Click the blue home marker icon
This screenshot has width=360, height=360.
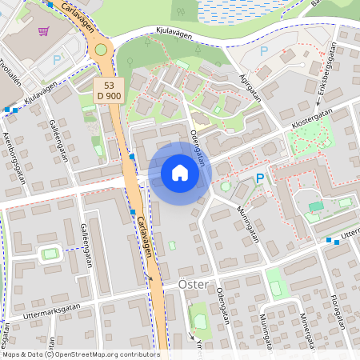(x=179, y=173)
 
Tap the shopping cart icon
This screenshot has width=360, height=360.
(x=43, y=32)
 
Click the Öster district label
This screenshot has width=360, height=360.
(x=193, y=285)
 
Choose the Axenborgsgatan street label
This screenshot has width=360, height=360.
(x=15, y=157)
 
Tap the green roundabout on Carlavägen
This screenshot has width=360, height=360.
(x=101, y=50)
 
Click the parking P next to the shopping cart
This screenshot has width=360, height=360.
(x=57, y=59)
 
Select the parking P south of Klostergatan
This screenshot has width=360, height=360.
(x=259, y=180)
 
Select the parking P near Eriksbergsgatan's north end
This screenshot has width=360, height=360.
(x=264, y=51)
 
